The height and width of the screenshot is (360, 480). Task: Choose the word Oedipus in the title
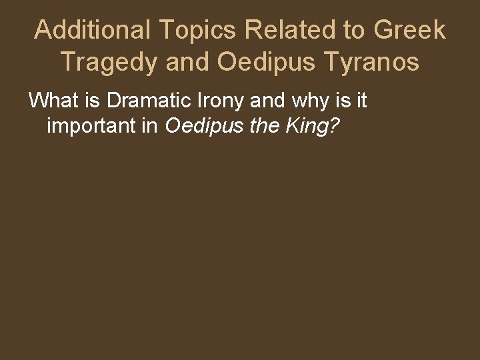(x=269, y=62)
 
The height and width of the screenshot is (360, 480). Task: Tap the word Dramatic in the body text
(x=138, y=101)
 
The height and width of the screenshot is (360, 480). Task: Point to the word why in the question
(x=300, y=101)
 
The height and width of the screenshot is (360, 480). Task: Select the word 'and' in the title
(x=188, y=62)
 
